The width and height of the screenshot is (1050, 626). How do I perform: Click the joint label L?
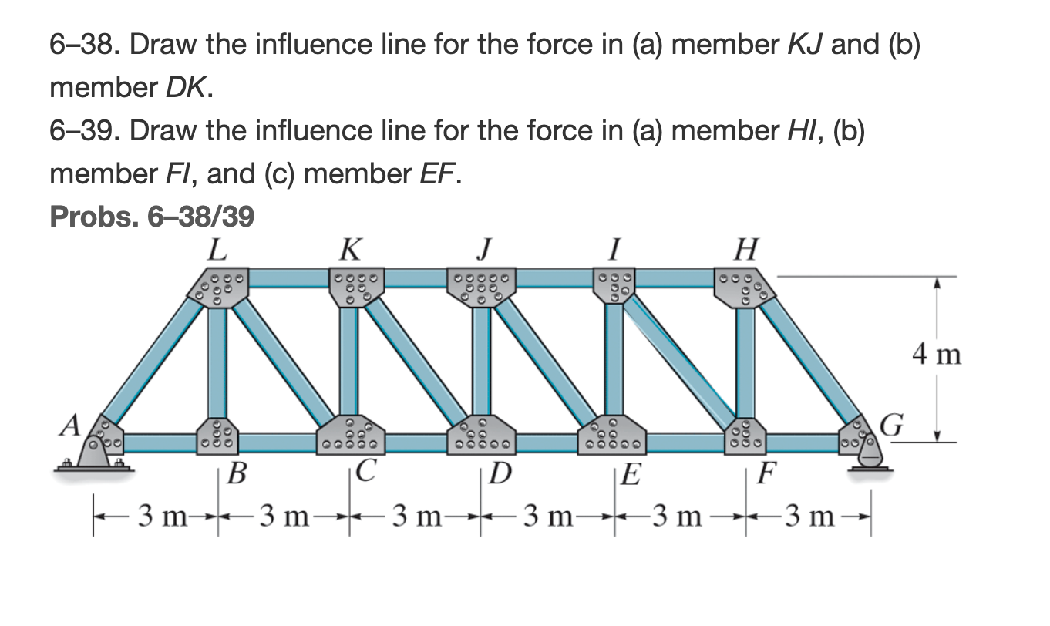click(217, 250)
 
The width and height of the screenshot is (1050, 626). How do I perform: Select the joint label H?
click(745, 250)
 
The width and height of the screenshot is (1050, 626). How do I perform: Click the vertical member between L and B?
click(217, 362)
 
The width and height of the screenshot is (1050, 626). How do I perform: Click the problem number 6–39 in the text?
click(84, 132)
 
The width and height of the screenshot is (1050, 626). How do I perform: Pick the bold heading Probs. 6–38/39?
click(152, 218)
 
